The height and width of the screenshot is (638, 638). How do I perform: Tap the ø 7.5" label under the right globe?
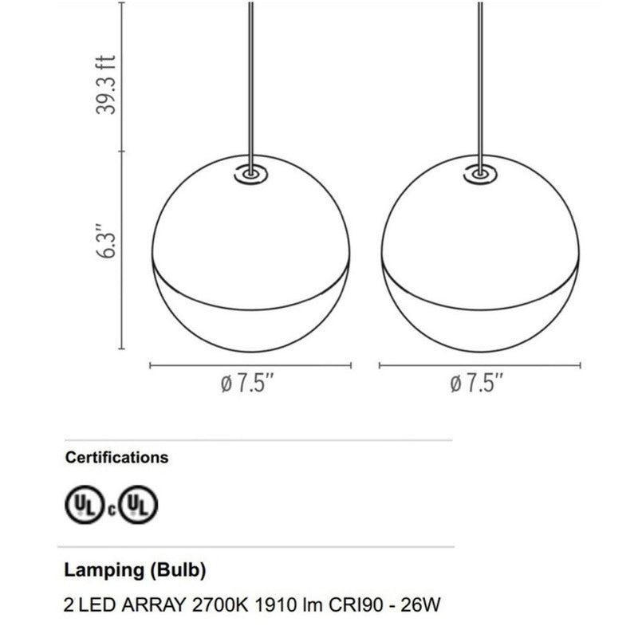[477, 384]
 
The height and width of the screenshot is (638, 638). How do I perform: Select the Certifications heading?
[116, 458]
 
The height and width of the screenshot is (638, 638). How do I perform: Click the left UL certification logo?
[81, 504]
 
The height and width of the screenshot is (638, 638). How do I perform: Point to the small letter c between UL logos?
[112, 507]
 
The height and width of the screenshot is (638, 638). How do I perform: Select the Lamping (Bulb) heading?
[135, 571]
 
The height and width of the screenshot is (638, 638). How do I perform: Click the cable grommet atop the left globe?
[250, 173]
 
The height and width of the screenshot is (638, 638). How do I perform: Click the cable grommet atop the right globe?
[479, 173]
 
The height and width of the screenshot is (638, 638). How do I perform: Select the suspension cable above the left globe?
[251, 80]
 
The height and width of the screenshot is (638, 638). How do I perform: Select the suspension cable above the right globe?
[480, 80]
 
